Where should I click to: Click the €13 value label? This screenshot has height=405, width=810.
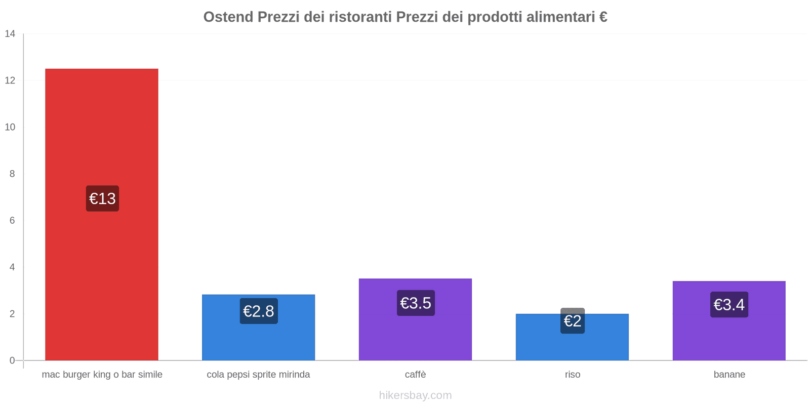point(102,198)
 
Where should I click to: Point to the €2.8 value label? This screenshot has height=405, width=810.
point(259,311)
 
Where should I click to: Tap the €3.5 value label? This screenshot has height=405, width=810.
point(416,303)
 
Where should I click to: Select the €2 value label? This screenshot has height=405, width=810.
point(573,321)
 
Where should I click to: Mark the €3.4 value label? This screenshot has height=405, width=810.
point(729,305)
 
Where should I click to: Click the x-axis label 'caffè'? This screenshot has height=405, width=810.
point(415,375)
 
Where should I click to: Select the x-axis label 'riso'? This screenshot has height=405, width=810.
point(573,375)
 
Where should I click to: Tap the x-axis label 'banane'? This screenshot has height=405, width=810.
point(729,375)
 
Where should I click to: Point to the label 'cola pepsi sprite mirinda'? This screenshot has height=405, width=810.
point(258,375)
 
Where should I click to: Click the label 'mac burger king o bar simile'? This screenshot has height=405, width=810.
point(102,375)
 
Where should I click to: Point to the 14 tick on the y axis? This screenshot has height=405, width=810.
point(10,34)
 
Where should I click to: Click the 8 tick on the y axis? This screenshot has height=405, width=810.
point(12,174)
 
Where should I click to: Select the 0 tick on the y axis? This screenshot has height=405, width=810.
point(12,360)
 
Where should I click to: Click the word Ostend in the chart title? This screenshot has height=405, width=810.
point(228,17)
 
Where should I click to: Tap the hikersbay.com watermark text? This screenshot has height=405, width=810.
point(415,395)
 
